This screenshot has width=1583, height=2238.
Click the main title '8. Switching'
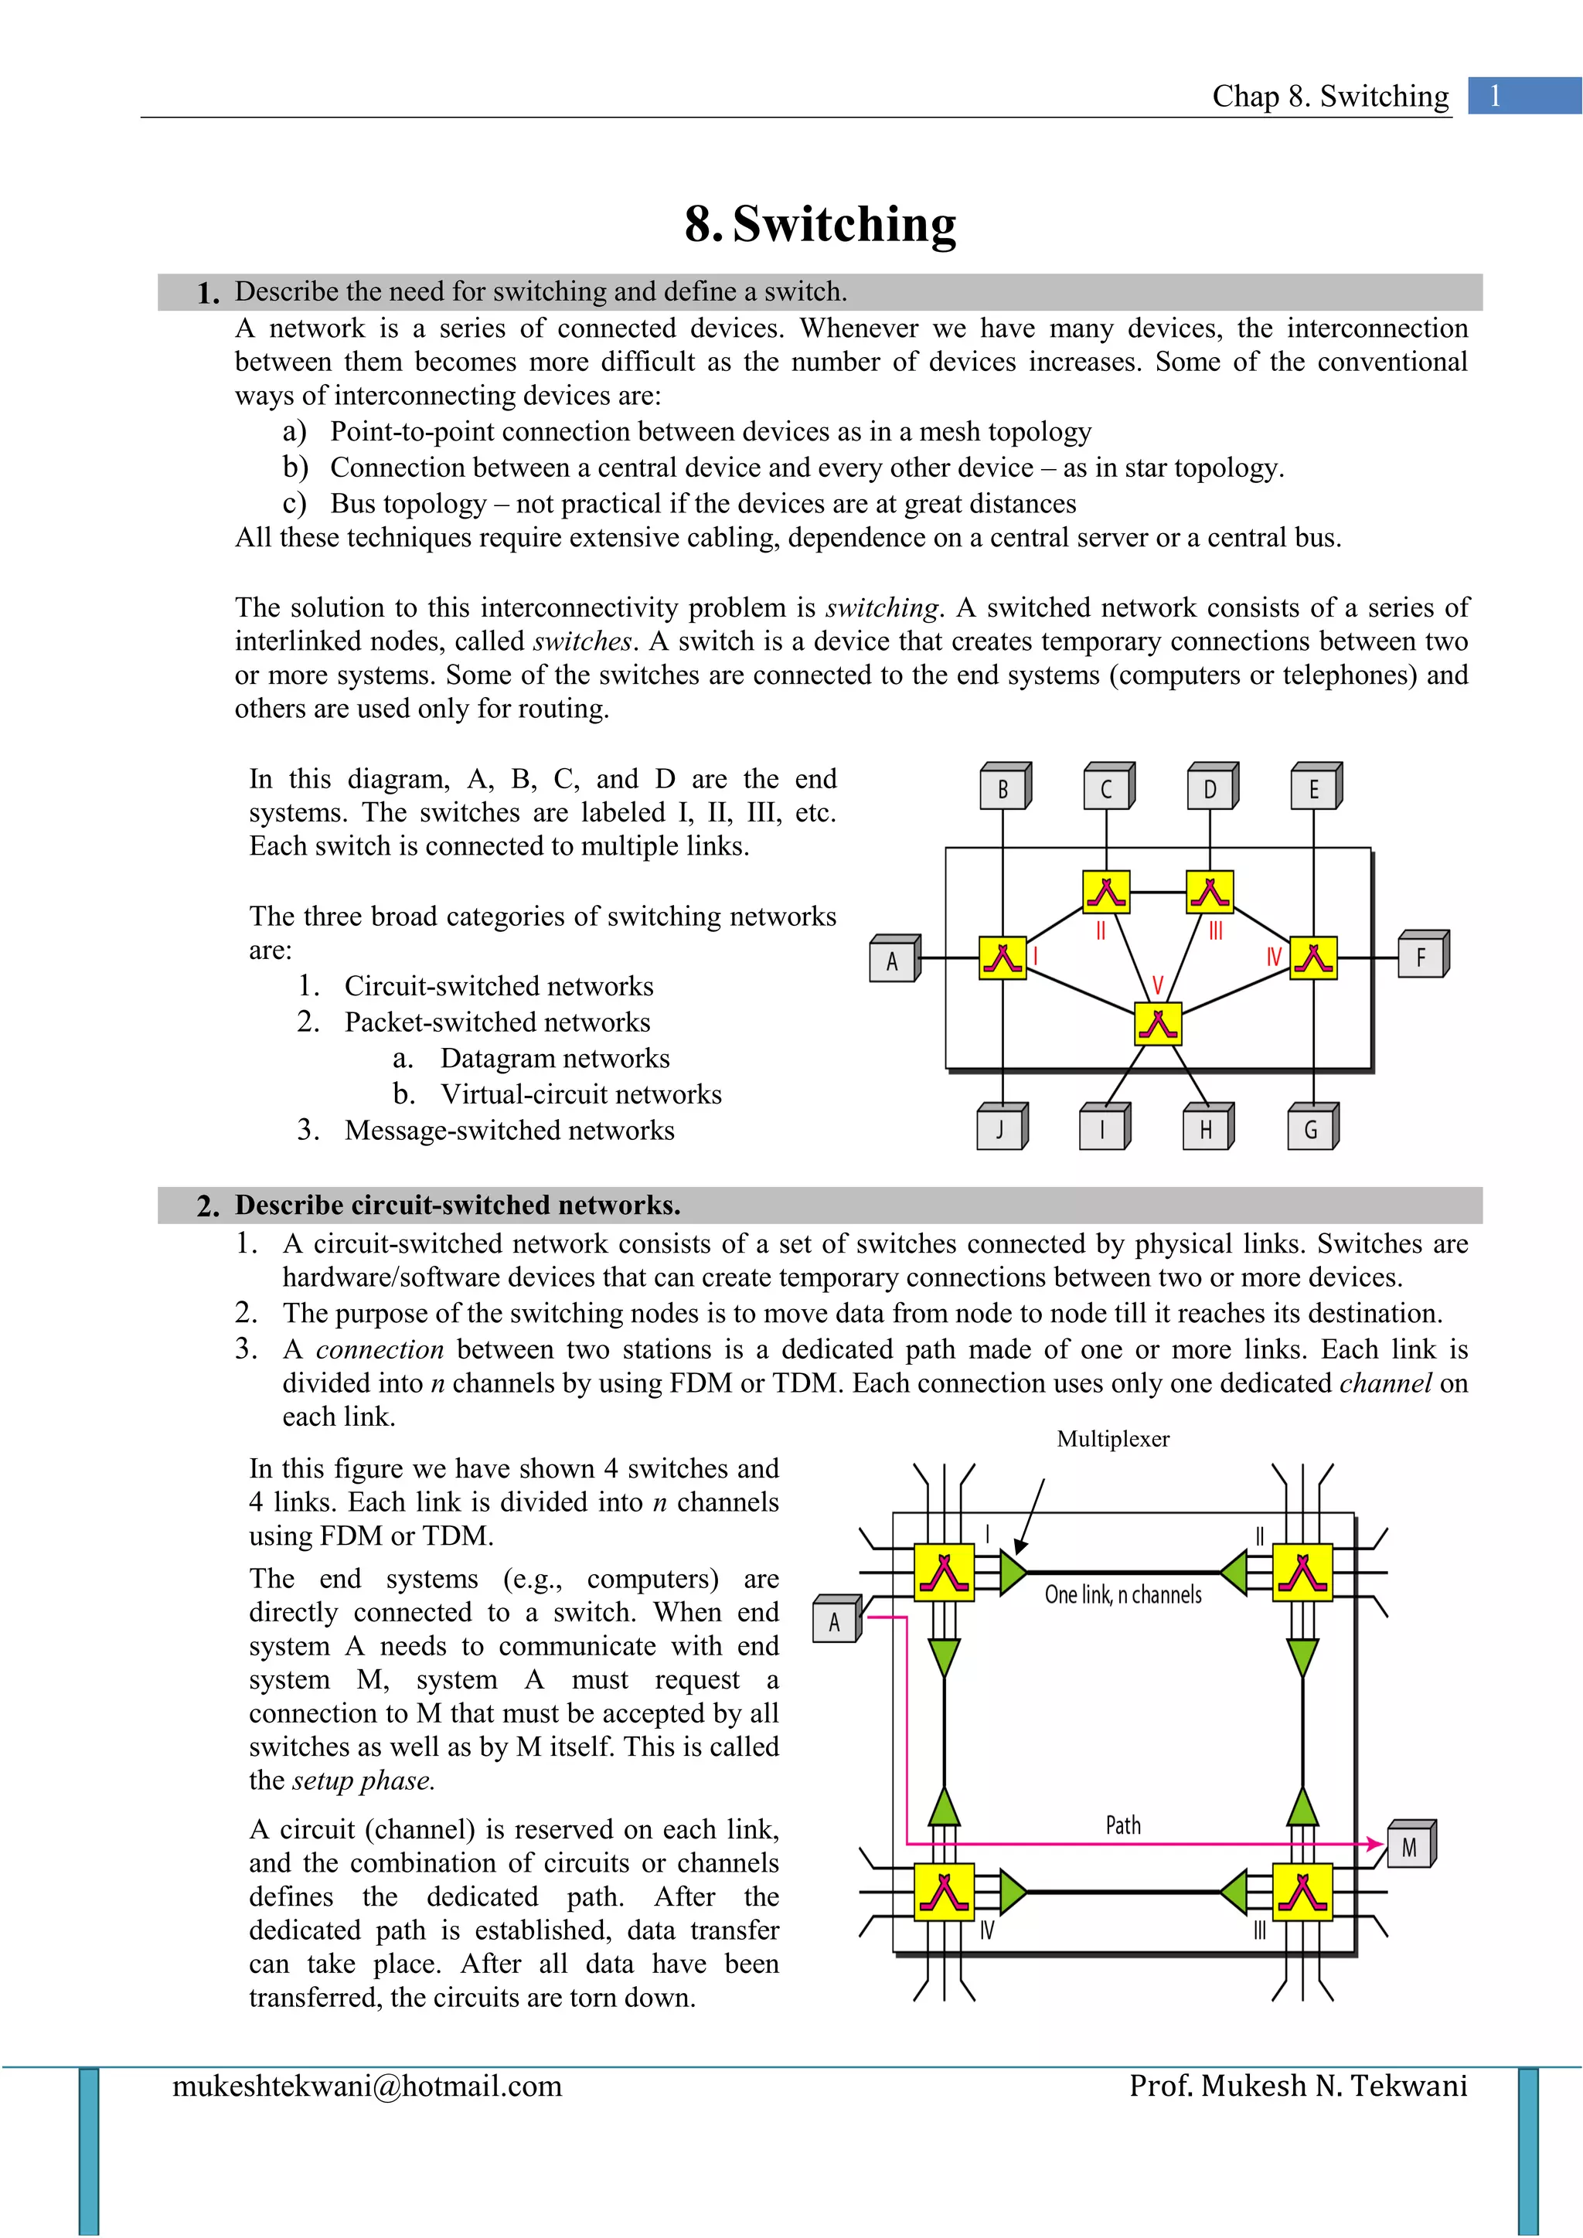pos(821,224)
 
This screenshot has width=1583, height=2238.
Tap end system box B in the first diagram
pos(1003,787)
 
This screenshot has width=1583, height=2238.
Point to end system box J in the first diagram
pos(1001,1129)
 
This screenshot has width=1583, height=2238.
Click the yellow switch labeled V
pos(1158,1025)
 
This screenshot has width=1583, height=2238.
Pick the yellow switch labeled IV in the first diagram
pos(1313,958)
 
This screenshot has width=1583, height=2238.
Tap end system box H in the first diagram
pos(1207,1129)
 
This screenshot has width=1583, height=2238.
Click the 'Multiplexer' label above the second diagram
pos(1112,1439)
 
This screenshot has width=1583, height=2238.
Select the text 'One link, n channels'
pos(1123,1595)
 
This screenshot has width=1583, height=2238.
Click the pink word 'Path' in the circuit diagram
pos(1123,1825)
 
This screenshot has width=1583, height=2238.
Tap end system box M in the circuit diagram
pos(1410,1846)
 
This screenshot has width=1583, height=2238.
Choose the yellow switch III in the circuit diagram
pos(1302,1892)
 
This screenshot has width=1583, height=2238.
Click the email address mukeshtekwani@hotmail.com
pos(367,2086)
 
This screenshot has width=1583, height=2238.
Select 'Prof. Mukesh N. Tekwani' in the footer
pos(1298,2086)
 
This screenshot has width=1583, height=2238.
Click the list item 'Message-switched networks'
pos(509,1131)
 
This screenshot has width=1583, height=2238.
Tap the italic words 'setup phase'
pos(363,1781)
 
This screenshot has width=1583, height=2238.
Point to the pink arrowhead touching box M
pos(1377,1844)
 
